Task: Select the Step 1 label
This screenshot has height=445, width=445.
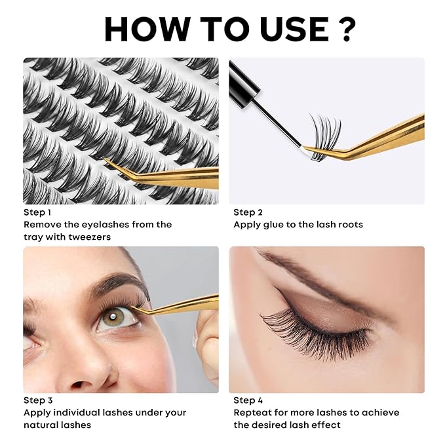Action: pos(38,212)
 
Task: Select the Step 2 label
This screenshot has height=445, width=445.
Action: pos(248,212)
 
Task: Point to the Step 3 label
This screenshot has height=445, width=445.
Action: pos(38,400)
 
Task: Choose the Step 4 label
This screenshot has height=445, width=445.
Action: pos(248,400)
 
